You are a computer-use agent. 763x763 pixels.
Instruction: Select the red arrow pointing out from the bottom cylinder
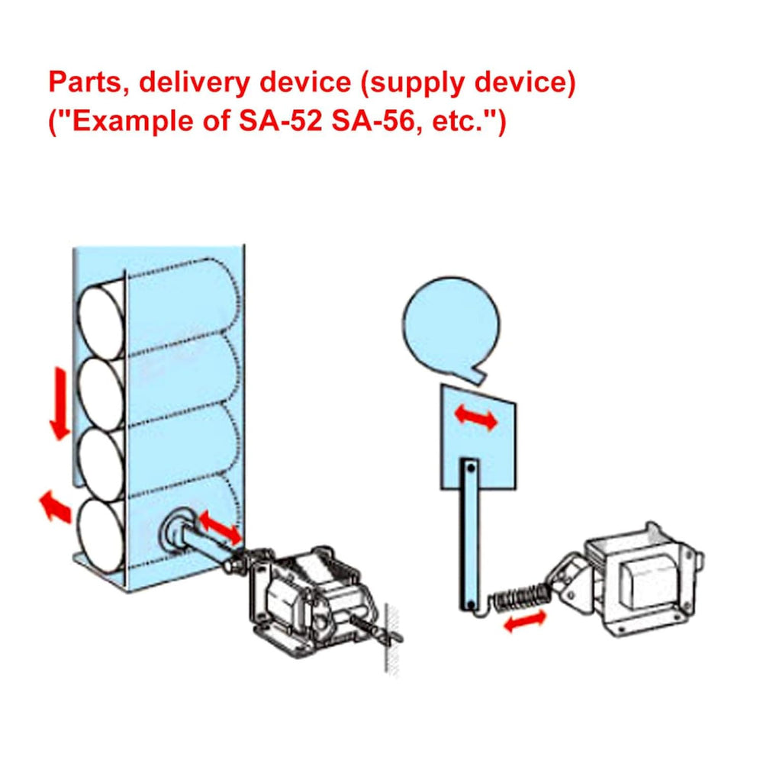pyautogui.click(x=53, y=506)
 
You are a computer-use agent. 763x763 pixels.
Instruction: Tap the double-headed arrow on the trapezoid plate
pyautogui.click(x=475, y=417)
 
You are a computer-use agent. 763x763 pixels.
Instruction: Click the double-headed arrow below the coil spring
pyautogui.click(x=524, y=622)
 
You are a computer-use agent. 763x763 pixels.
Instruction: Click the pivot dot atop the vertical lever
pyautogui.click(x=470, y=465)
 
